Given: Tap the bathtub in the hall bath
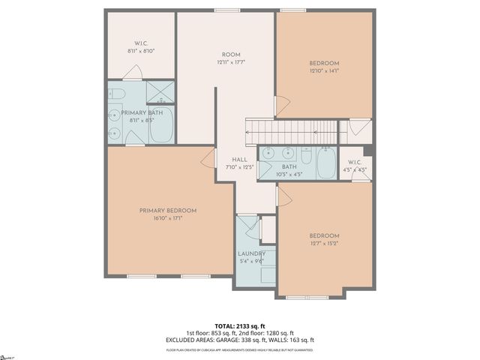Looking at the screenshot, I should tap(326, 163).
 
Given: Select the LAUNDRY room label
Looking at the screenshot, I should tap(252, 253).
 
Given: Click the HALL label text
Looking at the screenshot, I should tap(240, 160).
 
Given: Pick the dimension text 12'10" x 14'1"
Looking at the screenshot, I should tap(324, 71).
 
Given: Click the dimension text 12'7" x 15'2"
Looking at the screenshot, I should tap(324, 244).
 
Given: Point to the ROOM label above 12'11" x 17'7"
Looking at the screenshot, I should tap(230, 54).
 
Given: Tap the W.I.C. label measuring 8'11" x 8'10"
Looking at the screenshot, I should tap(140, 43).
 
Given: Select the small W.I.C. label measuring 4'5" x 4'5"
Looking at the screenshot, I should tap(355, 162).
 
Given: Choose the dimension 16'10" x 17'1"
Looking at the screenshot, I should tap(167, 218).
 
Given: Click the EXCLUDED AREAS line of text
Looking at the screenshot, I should tap(239, 340).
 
